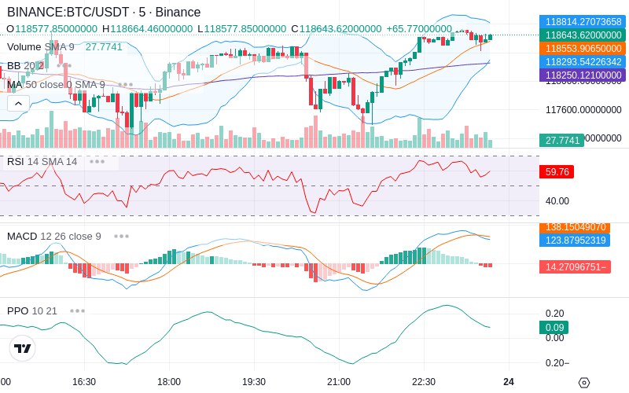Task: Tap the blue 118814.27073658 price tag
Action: coord(582,22)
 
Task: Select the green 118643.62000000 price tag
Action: coord(582,35)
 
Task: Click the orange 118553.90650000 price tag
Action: coord(582,48)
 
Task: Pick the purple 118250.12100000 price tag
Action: coord(582,75)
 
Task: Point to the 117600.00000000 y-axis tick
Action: coord(583,110)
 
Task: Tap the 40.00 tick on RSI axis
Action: coord(557,201)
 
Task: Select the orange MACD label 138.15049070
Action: coord(582,227)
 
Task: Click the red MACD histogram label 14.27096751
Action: coord(582,267)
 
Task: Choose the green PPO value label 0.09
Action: coord(554,328)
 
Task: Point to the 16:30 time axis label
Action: coord(83,381)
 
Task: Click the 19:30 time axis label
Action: coord(253,381)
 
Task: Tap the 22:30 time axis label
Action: coord(423,381)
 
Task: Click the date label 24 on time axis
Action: coord(509,381)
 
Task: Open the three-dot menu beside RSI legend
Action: coord(97,161)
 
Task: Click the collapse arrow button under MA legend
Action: coord(18,103)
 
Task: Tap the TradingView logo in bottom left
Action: coord(23,348)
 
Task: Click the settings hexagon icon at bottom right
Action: coord(583,383)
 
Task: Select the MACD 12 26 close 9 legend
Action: coord(54,236)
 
